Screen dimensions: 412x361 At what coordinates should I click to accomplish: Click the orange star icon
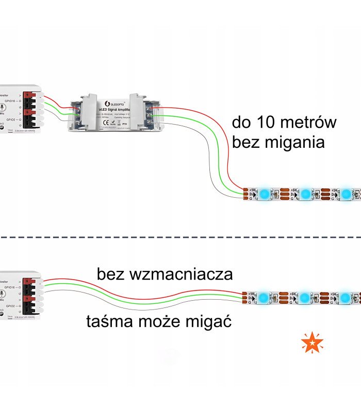point(313,343)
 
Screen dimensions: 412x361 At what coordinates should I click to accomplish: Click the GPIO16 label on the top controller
point(9,101)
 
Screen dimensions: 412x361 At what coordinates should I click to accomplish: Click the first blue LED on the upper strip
point(264,194)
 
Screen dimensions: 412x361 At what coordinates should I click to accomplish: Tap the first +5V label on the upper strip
point(252,190)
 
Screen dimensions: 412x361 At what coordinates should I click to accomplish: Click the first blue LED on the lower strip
point(264,298)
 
